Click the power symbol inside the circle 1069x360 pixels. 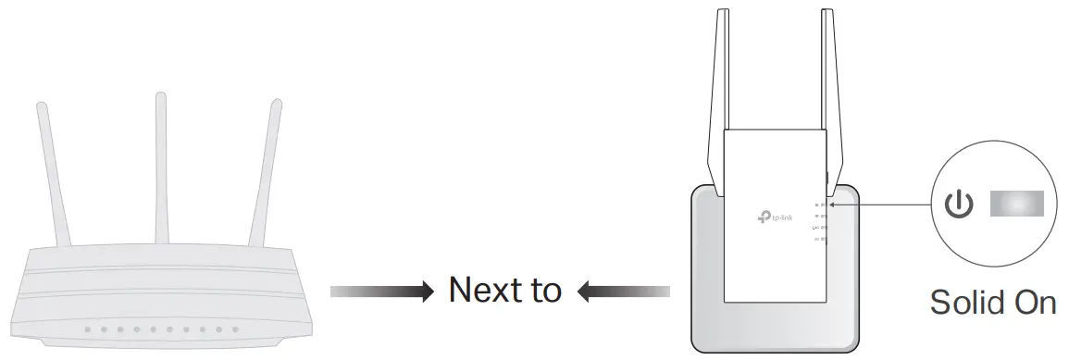tap(958, 205)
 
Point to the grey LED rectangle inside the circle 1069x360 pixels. tap(1016, 204)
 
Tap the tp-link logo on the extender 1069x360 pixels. tap(775, 217)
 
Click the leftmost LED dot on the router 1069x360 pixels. tap(86, 329)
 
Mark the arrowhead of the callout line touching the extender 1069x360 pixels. tap(833, 205)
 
